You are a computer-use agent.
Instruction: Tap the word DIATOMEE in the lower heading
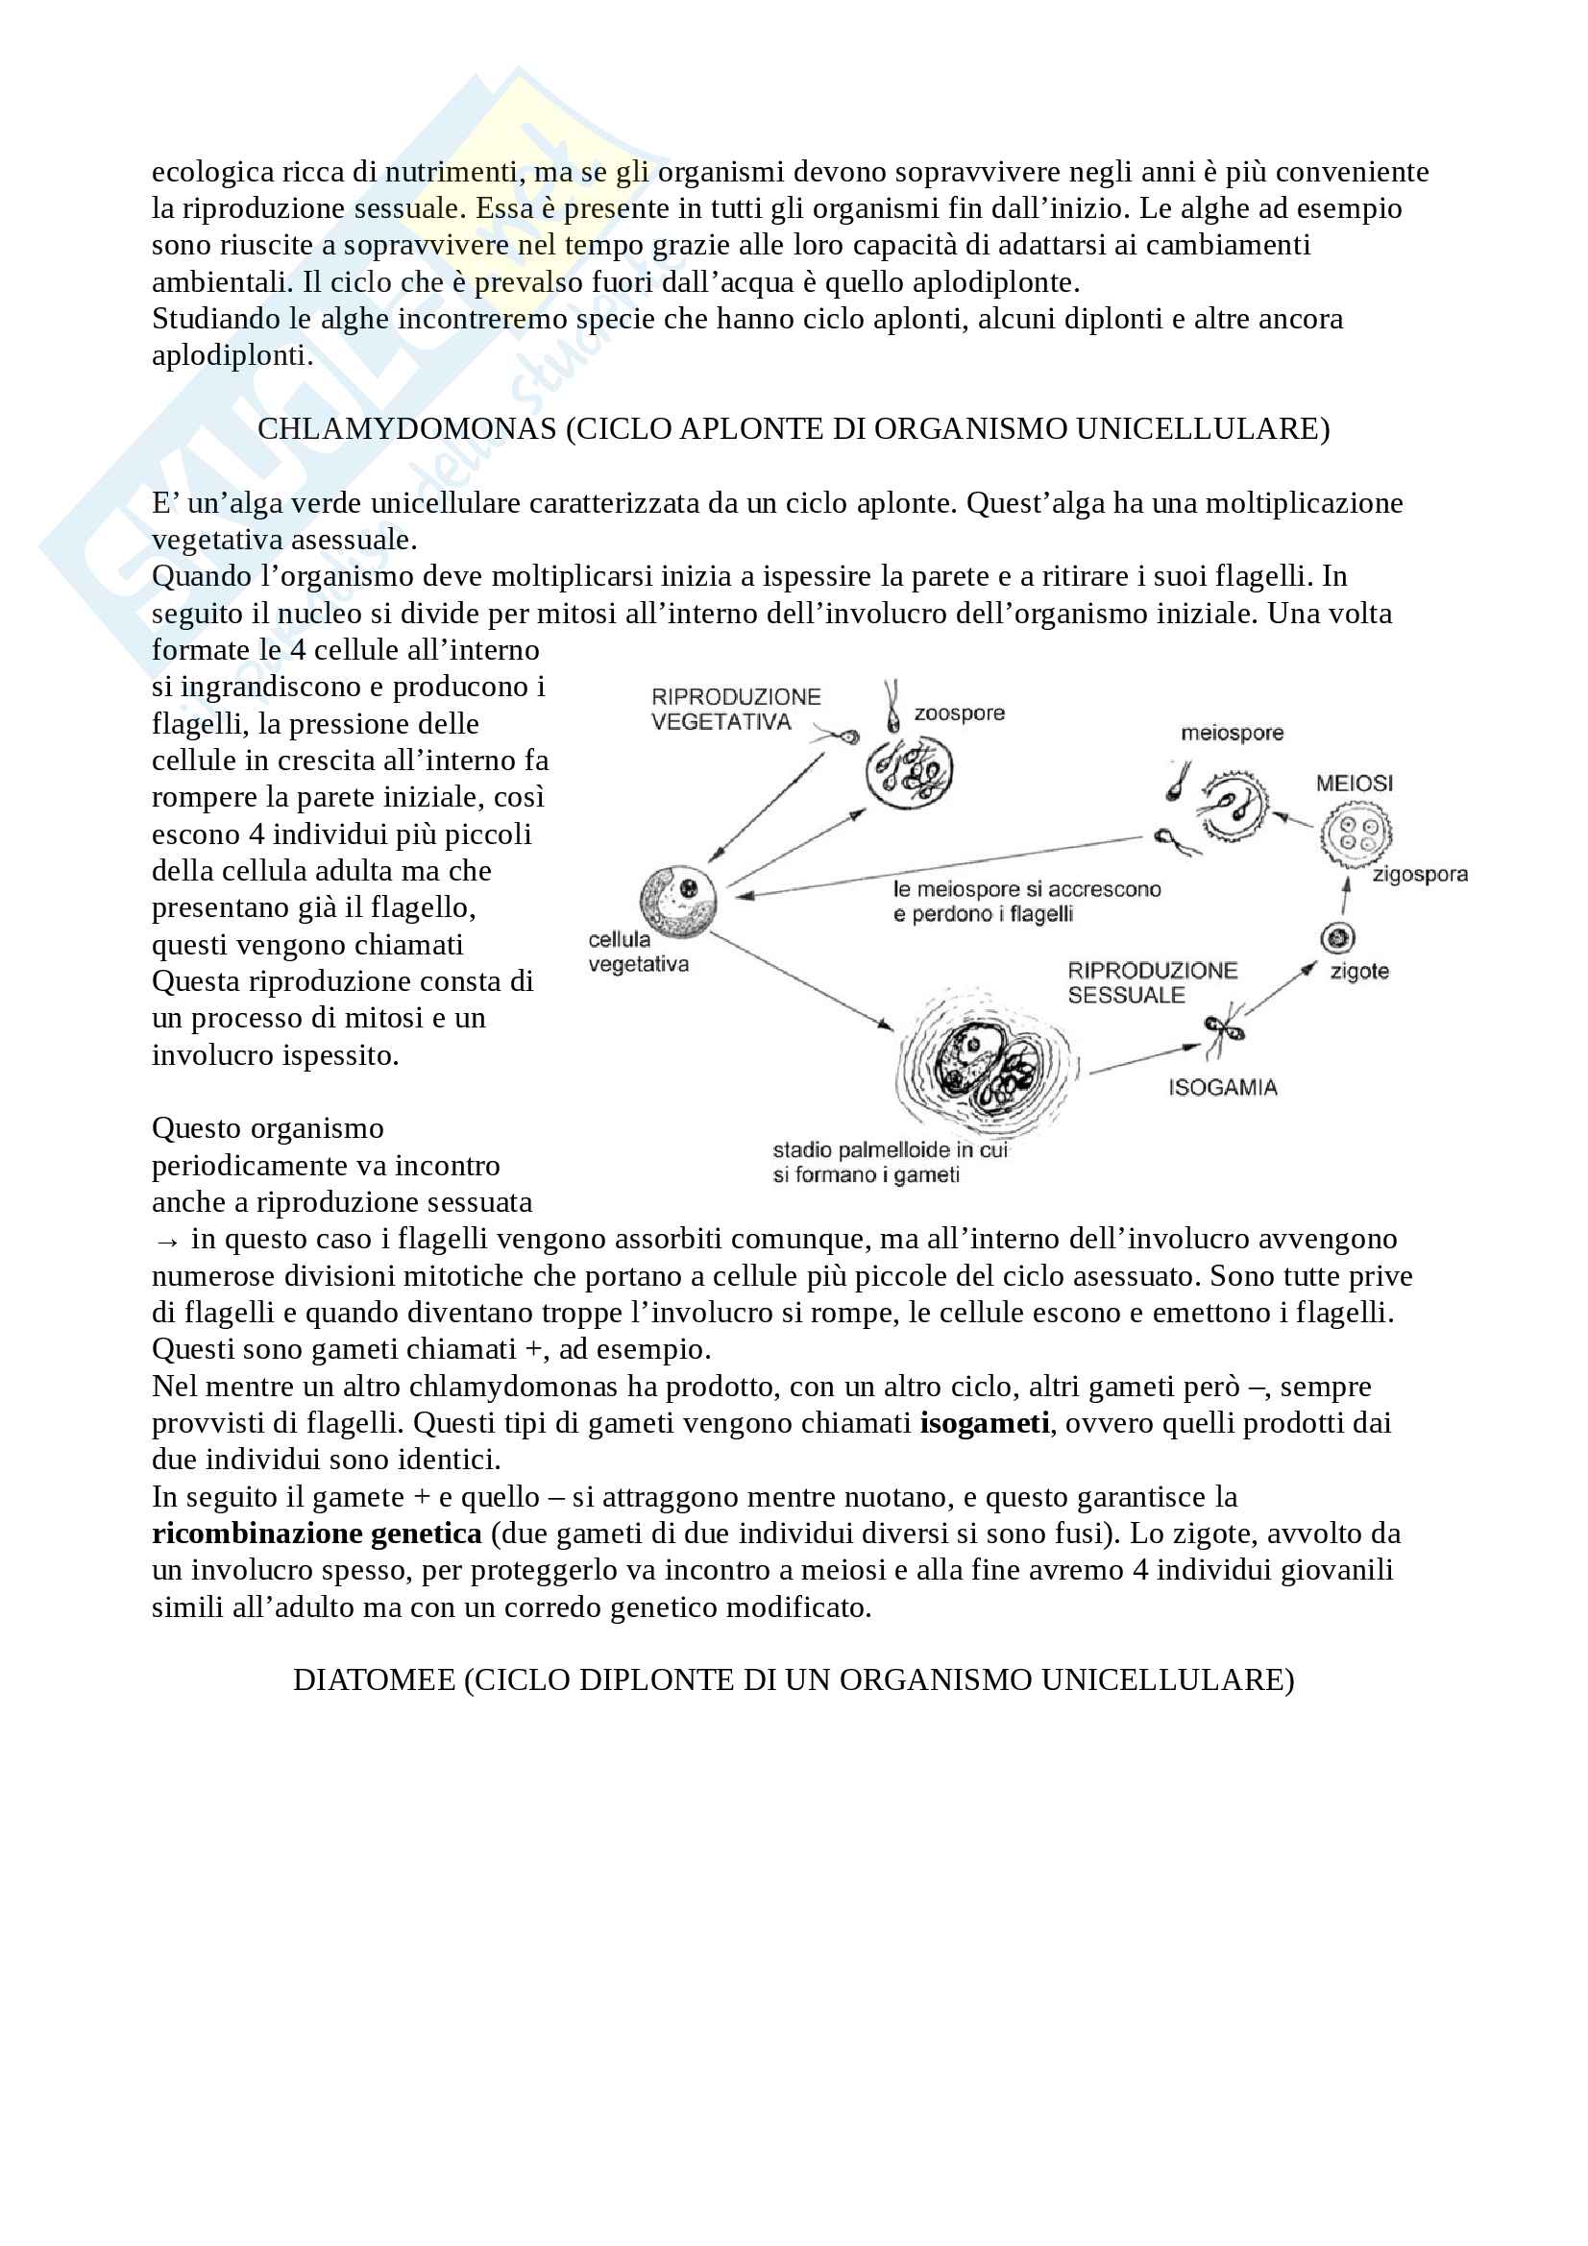[374, 1679]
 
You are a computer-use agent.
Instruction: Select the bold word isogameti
[985, 1422]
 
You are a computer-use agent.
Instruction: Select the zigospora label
[1419, 875]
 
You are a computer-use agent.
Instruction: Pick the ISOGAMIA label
[1222, 1088]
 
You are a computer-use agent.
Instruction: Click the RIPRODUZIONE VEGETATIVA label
[736, 710]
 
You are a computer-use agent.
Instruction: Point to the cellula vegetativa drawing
[678, 899]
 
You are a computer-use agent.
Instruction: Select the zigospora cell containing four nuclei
[1356, 834]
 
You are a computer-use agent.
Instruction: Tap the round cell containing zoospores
[909, 771]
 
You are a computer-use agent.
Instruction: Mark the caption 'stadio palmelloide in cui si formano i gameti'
[890, 1162]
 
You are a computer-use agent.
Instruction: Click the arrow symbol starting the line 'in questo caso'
[166, 1242]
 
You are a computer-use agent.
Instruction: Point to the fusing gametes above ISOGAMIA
[1224, 1030]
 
